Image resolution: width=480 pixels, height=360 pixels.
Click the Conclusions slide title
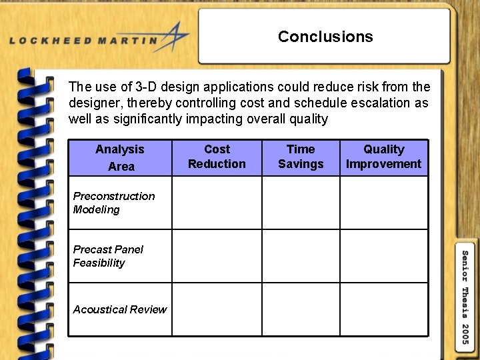[x=325, y=37]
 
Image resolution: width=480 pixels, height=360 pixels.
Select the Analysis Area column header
[x=120, y=158]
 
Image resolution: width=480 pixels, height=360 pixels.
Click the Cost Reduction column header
[x=217, y=157]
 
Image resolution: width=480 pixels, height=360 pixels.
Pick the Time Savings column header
[x=301, y=157]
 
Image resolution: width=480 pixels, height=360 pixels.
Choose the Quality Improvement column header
[x=384, y=157]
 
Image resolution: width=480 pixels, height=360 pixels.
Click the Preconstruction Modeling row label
[x=113, y=203]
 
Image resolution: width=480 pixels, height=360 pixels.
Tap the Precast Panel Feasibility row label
[x=108, y=256]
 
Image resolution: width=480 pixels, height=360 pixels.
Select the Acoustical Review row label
[x=120, y=309]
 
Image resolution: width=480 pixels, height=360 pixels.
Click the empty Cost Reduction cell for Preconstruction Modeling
[x=217, y=203]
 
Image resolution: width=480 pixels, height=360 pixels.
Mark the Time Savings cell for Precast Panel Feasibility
[x=301, y=256]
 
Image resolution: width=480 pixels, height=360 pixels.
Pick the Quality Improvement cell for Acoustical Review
[x=384, y=309]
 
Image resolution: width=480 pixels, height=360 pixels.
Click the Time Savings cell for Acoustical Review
[x=301, y=309]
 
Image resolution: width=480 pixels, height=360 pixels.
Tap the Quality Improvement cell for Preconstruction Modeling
[x=384, y=203]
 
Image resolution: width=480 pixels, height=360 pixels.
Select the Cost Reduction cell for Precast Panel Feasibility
[x=217, y=256]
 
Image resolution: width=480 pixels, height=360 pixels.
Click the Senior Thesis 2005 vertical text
[x=465, y=297]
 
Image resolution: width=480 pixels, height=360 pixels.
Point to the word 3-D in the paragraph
[x=147, y=87]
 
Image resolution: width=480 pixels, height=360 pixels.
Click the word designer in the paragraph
[x=92, y=103]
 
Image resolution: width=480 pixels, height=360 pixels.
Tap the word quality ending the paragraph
[x=309, y=119]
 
